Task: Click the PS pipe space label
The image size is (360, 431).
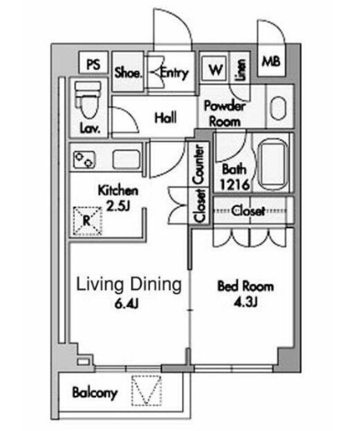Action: click(x=93, y=64)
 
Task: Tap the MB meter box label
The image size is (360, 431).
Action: click(x=271, y=61)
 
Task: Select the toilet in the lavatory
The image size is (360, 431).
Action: click(x=88, y=101)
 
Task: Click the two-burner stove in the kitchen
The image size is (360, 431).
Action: click(x=85, y=160)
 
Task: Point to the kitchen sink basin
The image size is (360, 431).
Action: click(x=126, y=160)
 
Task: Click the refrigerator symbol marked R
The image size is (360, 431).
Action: click(x=87, y=221)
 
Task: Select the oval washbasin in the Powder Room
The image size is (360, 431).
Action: click(x=278, y=108)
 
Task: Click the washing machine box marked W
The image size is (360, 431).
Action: click(x=216, y=70)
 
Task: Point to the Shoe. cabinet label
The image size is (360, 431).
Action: click(x=128, y=73)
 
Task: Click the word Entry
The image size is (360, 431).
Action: click(x=174, y=73)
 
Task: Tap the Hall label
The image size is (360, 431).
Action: click(x=165, y=118)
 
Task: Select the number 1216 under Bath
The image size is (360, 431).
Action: click(x=234, y=184)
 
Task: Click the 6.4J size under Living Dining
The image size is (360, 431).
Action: click(x=126, y=304)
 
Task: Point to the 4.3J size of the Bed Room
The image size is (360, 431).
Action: click(x=245, y=302)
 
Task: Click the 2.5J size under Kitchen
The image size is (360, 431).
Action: click(x=118, y=206)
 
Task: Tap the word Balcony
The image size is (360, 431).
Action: click(x=94, y=392)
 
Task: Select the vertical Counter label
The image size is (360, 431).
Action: click(x=199, y=165)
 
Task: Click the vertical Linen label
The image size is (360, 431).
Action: click(x=240, y=70)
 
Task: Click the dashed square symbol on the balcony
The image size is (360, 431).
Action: click(x=146, y=390)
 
